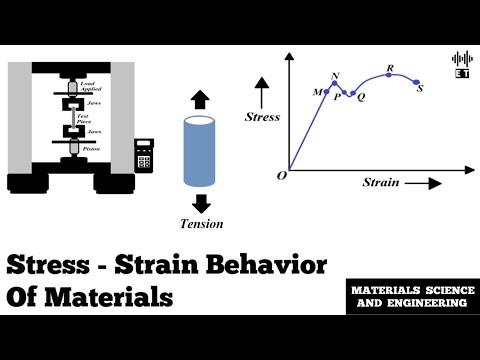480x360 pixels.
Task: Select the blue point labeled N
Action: click(335, 84)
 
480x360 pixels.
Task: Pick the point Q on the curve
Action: click(353, 93)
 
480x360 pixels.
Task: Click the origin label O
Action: click(282, 175)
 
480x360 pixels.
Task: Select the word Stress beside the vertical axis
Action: click(263, 117)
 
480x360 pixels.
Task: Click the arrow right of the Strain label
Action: click(424, 183)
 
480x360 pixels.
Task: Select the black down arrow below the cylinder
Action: click(200, 203)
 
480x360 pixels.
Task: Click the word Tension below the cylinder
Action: click(201, 223)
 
